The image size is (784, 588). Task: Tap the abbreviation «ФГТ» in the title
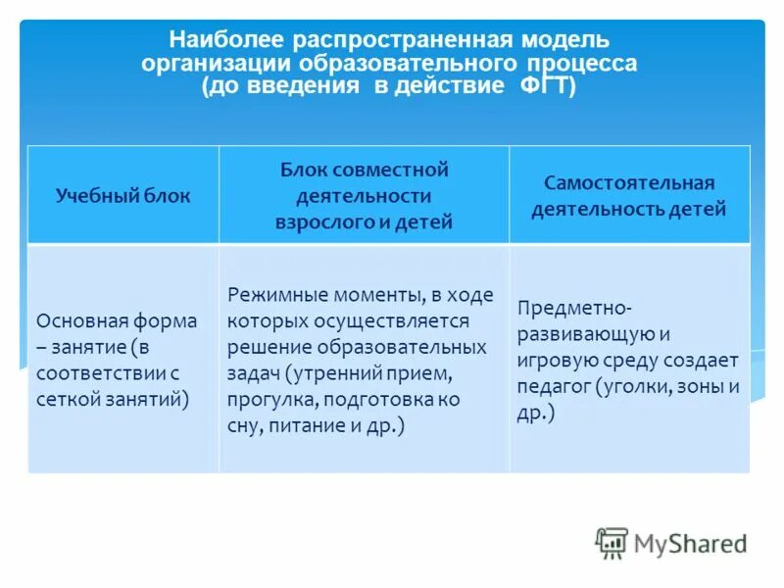point(540,87)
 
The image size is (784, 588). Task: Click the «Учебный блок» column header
point(123,195)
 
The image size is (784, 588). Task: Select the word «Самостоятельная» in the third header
point(629,183)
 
